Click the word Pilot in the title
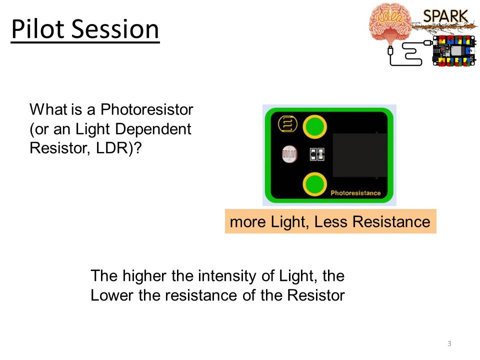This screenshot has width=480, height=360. coord(38,29)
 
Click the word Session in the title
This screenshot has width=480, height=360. coord(115,29)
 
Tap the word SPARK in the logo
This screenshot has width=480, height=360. coord(445,16)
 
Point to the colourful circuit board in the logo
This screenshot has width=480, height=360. coord(454,50)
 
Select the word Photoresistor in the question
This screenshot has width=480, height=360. coord(147,109)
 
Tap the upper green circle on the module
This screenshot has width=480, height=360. coord(314,126)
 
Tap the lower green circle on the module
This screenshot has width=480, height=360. coord(314,184)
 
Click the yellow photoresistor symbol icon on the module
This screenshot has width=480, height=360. coord(287,124)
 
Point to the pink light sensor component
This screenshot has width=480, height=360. coord(289,154)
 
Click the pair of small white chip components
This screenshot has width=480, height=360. coord(317,154)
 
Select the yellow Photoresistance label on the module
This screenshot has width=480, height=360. coord(355,193)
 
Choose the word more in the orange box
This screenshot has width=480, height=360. coord(247,222)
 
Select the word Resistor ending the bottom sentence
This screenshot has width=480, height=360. coord(315,295)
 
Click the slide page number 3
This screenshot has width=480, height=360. coord(449,343)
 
